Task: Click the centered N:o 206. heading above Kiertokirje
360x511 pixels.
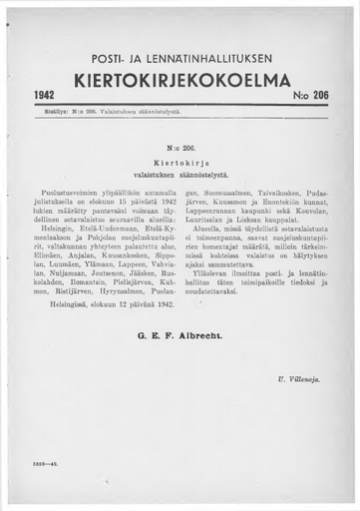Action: pos(180,144)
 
